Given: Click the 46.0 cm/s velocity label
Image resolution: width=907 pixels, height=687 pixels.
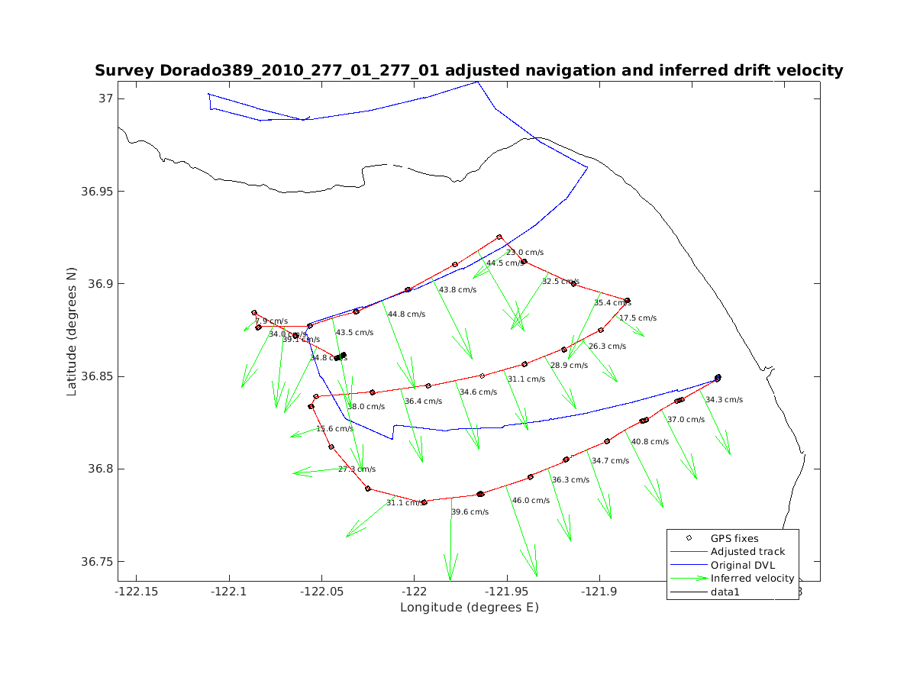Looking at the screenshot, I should click(531, 501).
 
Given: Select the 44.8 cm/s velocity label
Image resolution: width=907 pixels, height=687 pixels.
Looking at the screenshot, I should click(406, 314).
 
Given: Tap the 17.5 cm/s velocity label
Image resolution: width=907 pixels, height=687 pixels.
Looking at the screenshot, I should click(637, 318).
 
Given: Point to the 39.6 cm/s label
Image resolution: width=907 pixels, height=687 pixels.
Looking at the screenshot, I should click(470, 512).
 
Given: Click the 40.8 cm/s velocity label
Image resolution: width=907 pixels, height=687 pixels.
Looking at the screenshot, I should click(650, 442).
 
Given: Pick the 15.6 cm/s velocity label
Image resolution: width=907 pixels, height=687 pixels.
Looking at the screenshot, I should click(335, 429).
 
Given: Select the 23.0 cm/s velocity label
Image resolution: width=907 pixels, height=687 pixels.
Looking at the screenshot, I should click(525, 253).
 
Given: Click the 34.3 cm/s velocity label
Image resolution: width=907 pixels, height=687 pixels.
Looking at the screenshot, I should click(724, 400).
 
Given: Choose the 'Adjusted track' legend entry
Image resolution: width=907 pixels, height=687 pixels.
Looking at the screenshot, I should click(747, 552).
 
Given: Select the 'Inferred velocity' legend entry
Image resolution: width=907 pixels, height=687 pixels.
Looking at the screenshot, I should click(752, 579).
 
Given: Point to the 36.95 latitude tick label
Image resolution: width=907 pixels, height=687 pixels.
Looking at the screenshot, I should click(95, 192).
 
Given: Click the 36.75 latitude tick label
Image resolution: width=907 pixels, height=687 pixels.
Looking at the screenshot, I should click(95, 562).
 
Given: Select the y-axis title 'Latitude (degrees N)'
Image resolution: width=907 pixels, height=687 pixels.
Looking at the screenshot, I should click(72, 330).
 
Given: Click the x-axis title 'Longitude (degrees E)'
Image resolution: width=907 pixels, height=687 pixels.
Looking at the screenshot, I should click(469, 608).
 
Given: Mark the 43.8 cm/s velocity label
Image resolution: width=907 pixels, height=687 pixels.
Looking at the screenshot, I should click(457, 290).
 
